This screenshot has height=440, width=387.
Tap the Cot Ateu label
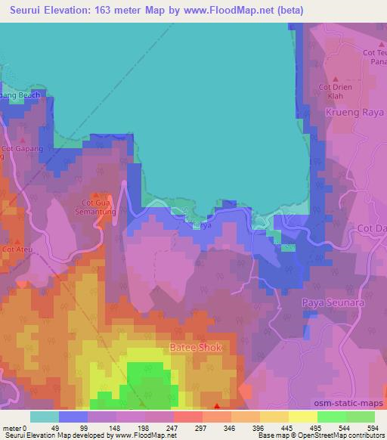click(17, 249)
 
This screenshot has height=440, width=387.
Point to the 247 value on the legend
click(172, 429)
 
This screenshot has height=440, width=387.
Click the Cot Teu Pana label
click(374, 57)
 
